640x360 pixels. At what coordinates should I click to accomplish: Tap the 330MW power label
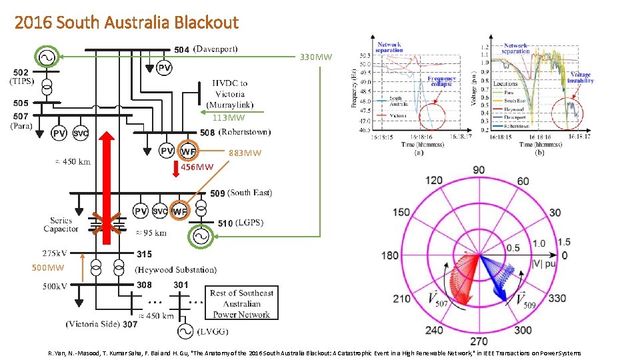[315, 57]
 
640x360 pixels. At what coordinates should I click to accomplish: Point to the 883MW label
[245, 153]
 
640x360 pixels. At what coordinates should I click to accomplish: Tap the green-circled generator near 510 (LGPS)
[199, 236]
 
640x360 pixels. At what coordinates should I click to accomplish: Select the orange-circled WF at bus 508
[189, 151]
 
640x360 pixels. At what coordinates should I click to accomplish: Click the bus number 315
[144, 254]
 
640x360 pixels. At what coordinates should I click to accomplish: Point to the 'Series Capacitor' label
[61, 225]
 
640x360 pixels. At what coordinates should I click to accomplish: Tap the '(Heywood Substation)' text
[175, 270]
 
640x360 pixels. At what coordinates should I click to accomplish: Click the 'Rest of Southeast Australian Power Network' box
[241, 303]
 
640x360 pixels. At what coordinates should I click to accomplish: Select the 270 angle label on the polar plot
[479, 341]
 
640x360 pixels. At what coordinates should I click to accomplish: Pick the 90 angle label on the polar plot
[479, 170]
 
